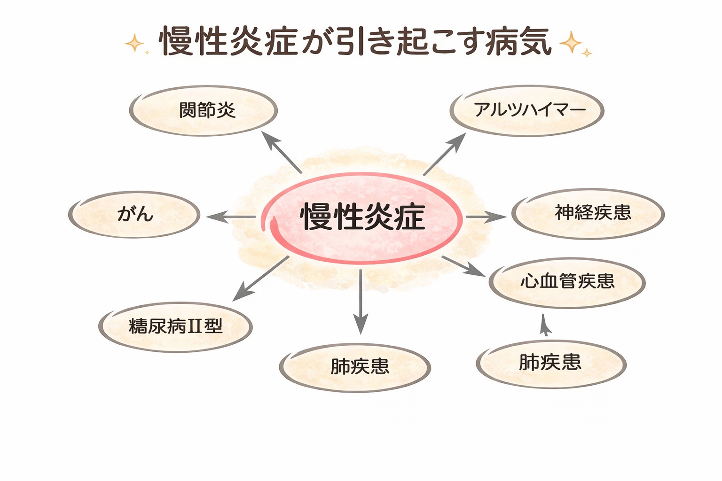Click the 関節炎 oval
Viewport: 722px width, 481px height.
click(x=204, y=111)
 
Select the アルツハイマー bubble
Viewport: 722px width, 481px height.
click(x=527, y=111)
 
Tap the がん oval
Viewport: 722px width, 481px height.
click(x=134, y=214)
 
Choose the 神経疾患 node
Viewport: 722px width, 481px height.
click(x=588, y=214)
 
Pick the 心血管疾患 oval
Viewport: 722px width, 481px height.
click(x=567, y=282)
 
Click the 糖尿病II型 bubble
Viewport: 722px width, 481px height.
click(x=175, y=326)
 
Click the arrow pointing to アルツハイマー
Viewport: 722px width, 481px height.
click(x=444, y=154)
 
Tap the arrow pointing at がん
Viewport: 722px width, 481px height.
click(x=230, y=217)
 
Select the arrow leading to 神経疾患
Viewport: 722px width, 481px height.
click(x=486, y=217)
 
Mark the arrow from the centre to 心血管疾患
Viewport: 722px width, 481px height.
click(x=463, y=266)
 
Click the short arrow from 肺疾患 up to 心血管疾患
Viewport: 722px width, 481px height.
click(x=545, y=325)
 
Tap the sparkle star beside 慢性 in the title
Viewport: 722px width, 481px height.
click(x=135, y=44)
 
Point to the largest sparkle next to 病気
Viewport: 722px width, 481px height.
click(x=571, y=43)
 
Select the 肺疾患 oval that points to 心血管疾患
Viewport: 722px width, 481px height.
click(x=551, y=364)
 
